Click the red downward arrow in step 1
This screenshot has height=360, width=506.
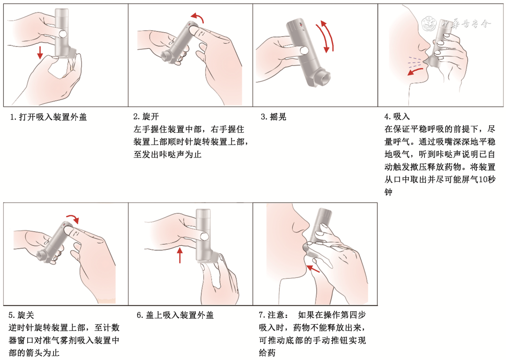tap(40, 52)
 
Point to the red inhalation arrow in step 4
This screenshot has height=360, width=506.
tap(415, 71)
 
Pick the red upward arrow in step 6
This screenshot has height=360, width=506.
tap(180, 255)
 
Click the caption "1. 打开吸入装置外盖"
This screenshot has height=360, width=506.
tap(48, 117)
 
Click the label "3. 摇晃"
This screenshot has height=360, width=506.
tap(274, 117)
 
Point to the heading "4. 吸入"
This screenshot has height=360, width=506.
tap(397, 116)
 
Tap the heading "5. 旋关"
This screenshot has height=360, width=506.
tap(21, 315)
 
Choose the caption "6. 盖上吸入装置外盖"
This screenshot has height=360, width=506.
tap(175, 315)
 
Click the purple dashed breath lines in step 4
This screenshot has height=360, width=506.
tap(414, 60)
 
